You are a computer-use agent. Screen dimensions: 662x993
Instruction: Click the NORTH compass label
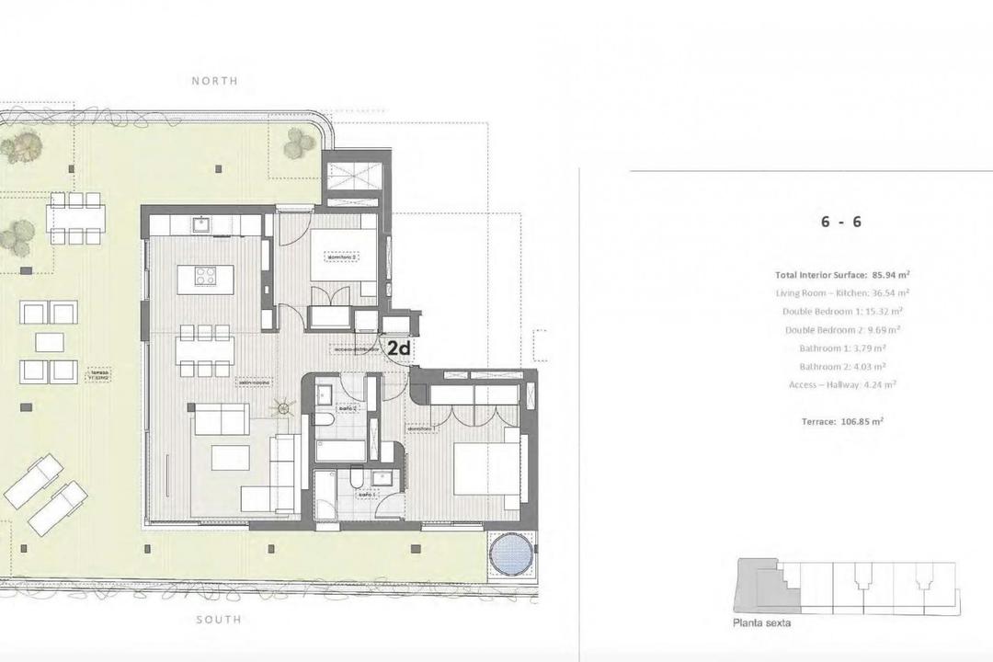click(214, 81)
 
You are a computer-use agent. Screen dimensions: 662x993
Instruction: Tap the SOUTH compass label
click(219, 620)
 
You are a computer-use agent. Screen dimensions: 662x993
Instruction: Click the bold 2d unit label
click(398, 348)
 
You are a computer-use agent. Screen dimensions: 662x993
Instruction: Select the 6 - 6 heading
click(840, 222)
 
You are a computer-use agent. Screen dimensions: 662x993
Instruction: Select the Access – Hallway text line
click(842, 385)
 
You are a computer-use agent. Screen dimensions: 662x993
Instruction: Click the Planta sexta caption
click(762, 622)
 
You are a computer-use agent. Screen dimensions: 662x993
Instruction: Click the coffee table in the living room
click(231, 458)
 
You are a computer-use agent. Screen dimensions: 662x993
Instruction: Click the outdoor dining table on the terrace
click(75, 218)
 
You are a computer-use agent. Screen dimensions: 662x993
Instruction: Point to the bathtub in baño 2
click(342, 450)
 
